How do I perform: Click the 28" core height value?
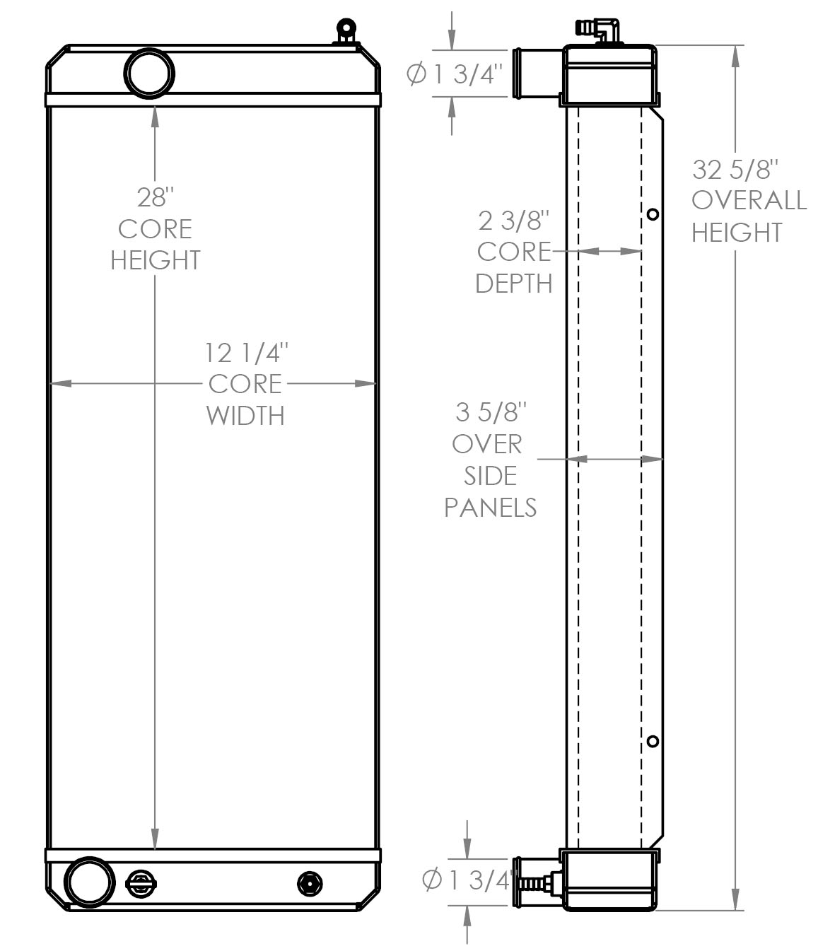click(x=156, y=197)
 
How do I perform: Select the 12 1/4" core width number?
click(x=246, y=353)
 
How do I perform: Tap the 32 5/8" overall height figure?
click(x=735, y=169)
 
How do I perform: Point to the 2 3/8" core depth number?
click(x=513, y=221)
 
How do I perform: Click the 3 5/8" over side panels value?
click(x=491, y=412)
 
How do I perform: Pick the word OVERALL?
click(x=749, y=201)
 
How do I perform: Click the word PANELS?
click(x=491, y=508)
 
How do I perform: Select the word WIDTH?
click(x=245, y=416)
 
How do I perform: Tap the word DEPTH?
click(x=513, y=284)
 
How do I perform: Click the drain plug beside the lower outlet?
click(x=141, y=884)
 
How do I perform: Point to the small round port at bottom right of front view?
click(x=310, y=884)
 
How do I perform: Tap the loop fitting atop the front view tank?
click(x=346, y=31)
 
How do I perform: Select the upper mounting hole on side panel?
click(x=653, y=214)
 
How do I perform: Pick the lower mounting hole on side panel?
click(x=653, y=741)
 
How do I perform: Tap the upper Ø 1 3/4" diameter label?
click(x=454, y=74)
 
